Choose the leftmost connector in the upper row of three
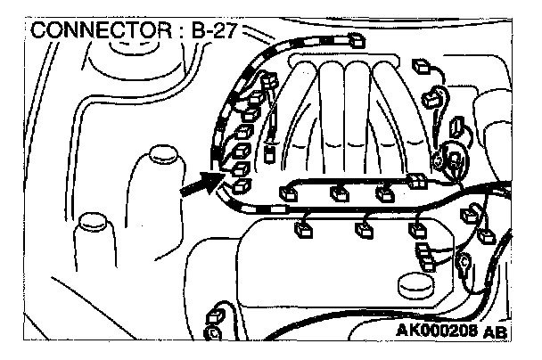click(289, 189)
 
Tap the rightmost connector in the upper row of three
click(384, 192)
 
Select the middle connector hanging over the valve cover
click(361, 230)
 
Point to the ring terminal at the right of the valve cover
click(464, 262)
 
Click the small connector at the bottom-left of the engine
click(214, 317)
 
